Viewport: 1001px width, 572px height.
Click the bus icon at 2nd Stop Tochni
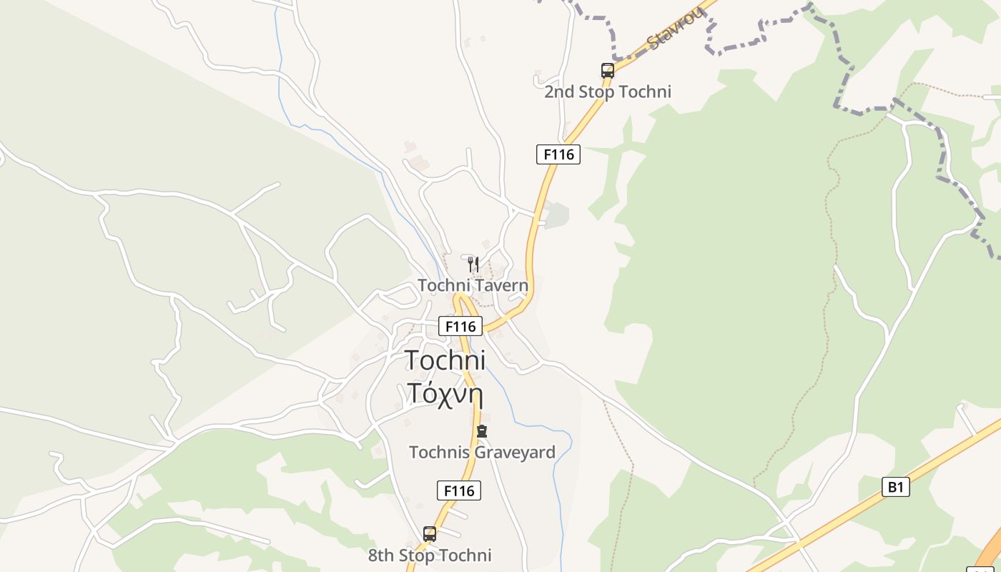click(x=608, y=70)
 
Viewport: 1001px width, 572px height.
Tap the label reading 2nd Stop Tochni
click(x=608, y=92)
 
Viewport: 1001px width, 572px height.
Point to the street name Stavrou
click(x=676, y=29)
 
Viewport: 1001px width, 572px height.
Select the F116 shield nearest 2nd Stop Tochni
click(x=558, y=154)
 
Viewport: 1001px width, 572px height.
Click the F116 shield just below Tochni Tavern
click(x=460, y=327)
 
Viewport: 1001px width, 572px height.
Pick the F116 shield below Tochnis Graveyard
click(x=458, y=490)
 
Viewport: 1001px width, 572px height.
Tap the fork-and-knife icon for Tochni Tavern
click(x=473, y=264)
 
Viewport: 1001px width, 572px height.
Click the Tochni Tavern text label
click(x=473, y=285)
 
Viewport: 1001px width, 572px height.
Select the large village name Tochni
click(x=445, y=360)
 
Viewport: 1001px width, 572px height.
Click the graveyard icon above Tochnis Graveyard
click(x=482, y=431)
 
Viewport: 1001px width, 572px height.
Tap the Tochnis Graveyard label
click(x=482, y=453)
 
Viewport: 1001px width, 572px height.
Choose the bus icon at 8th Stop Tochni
click(x=430, y=533)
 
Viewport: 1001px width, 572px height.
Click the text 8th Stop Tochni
click(x=430, y=556)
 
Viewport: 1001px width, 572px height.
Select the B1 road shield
click(x=895, y=487)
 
